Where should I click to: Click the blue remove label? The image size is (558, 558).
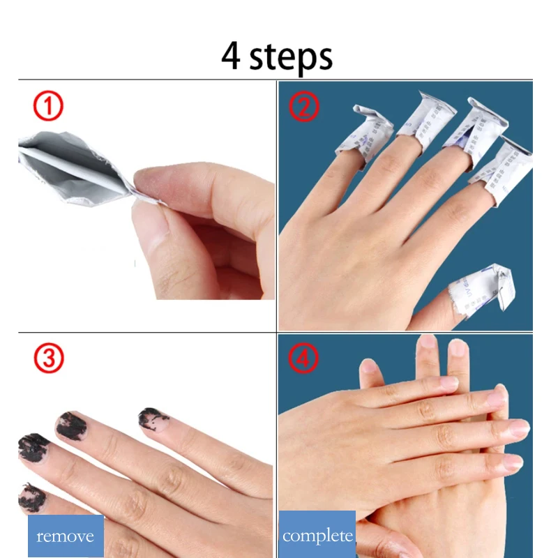pos(66,536)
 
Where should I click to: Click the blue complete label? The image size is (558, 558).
pos(317,536)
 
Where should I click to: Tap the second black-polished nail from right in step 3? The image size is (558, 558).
pos(70,425)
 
